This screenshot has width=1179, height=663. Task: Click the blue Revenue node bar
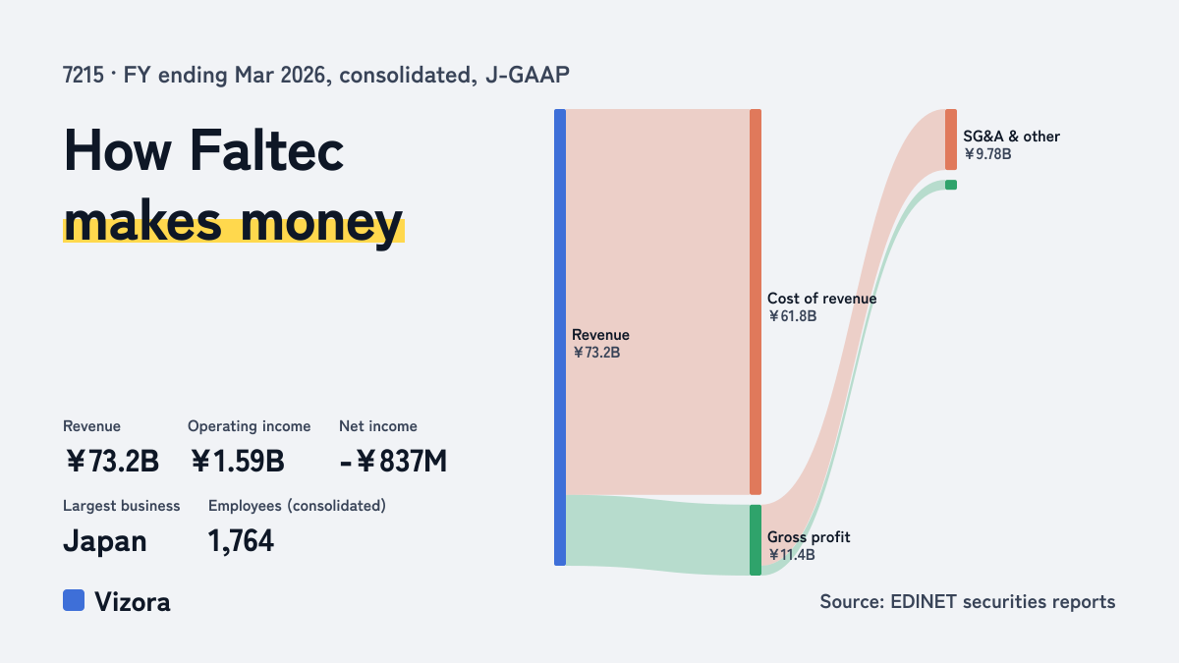click(x=560, y=337)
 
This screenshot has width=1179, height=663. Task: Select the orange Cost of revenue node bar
click(x=756, y=303)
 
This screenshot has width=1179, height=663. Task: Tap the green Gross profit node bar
click(x=756, y=540)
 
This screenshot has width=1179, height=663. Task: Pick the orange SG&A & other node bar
click(x=951, y=139)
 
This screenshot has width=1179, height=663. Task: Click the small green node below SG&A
click(x=951, y=185)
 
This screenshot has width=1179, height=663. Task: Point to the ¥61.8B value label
click(x=792, y=316)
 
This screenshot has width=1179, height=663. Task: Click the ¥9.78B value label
click(x=987, y=154)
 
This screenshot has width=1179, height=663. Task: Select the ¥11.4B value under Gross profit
click(x=792, y=555)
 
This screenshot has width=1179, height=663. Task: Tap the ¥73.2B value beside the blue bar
click(x=596, y=353)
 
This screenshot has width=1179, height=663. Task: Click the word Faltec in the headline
click(x=266, y=150)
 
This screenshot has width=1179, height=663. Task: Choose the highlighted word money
click(x=321, y=223)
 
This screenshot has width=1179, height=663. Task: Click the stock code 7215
click(x=84, y=76)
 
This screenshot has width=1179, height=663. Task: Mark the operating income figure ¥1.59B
click(x=238, y=461)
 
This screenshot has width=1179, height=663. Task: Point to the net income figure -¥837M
click(x=393, y=461)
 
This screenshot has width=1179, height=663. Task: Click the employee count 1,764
click(x=241, y=541)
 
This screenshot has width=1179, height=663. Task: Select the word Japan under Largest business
click(x=105, y=542)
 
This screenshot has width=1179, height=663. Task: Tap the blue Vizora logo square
click(x=74, y=600)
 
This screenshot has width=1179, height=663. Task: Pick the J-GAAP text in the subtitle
click(x=528, y=76)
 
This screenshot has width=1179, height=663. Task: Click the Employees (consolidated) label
click(x=297, y=506)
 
